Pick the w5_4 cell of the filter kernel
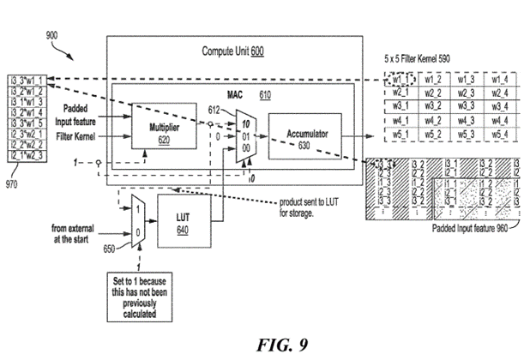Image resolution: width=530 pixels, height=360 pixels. [x=498, y=135]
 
